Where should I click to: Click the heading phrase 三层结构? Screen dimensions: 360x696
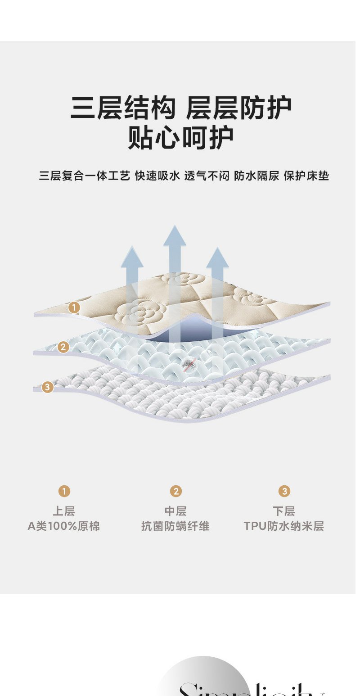coord(122,108)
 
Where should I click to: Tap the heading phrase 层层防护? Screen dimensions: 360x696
coord(238,108)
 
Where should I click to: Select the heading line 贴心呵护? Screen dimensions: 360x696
coord(181,138)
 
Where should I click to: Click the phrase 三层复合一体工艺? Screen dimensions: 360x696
coord(84,176)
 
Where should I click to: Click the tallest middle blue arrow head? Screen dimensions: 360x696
coord(175,236)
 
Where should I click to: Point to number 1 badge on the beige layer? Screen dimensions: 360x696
coord(74,307)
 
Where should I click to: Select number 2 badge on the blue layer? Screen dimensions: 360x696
coord(63,347)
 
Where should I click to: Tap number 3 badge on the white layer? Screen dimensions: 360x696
coord(47,387)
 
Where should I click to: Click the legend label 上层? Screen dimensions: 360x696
coord(64,511)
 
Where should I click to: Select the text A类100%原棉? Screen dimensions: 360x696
coord(64,526)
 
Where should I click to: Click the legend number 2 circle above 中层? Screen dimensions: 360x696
coord(175,491)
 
